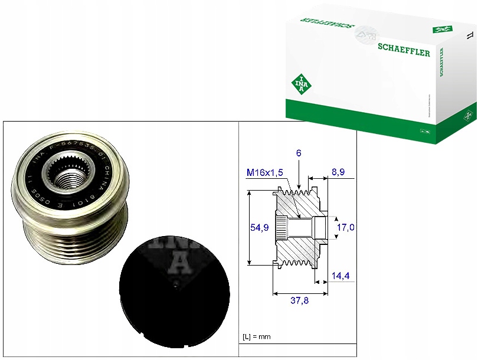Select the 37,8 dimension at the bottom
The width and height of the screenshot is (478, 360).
coord(299,300)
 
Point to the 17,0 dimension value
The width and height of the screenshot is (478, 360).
coord(346,227)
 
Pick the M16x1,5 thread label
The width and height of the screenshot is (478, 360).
coord(265,172)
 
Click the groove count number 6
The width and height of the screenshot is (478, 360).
coord(299,153)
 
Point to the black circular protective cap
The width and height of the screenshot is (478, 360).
coord(173,292)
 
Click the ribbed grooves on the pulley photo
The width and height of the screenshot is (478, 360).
coord(65,236)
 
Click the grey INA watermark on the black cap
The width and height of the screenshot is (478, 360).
coord(177,257)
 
